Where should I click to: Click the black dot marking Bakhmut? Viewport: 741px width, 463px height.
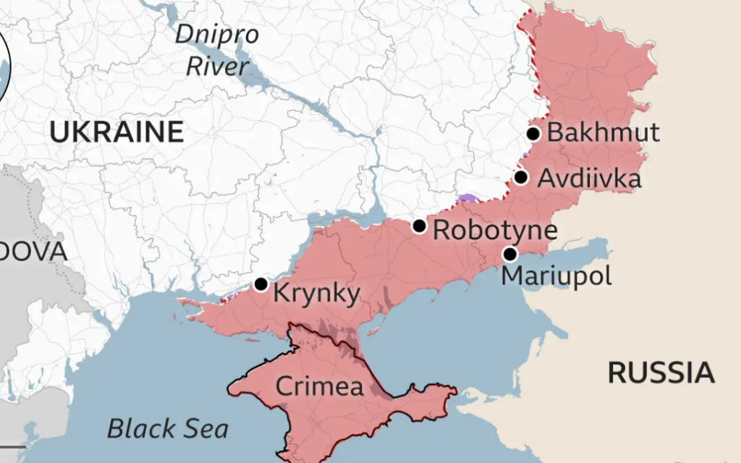(x=533, y=133)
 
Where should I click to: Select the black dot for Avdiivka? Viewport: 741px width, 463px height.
(x=521, y=177)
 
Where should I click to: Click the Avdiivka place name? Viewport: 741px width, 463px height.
(x=589, y=178)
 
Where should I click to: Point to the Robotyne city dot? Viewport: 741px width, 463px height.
(x=419, y=226)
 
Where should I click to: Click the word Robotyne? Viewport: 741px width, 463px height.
(x=495, y=231)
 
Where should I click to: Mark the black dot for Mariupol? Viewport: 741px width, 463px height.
(x=510, y=254)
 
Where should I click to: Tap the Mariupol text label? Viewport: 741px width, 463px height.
(x=556, y=276)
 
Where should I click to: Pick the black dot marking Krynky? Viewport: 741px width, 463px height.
(x=261, y=284)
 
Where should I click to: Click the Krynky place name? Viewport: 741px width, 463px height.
(x=316, y=294)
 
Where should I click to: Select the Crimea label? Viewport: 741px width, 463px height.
(x=319, y=386)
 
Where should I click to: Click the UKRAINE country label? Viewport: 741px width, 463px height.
(x=116, y=132)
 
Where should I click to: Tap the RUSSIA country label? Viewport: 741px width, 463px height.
(x=661, y=373)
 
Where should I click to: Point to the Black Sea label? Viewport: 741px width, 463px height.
(x=168, y=429)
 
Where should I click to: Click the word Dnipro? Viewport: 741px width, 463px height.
(x=216, y=34)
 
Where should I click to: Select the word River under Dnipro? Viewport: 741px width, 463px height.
(x=217, y=67)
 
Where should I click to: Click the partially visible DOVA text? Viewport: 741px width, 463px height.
(x=33, y=252)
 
